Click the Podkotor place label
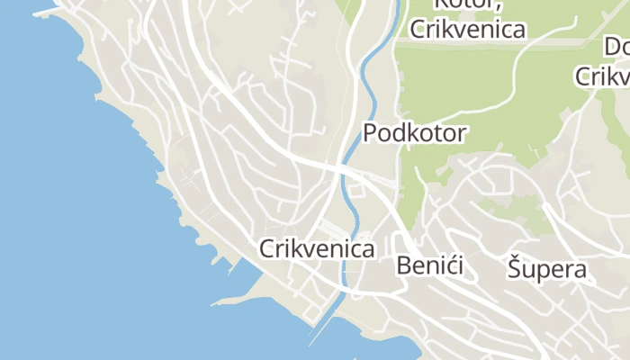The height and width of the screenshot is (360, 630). (415, 133)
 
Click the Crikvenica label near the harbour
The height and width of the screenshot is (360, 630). (317, 248)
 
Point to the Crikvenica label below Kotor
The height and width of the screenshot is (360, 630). (467, 29)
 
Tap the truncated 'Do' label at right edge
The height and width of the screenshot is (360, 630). (616, 47)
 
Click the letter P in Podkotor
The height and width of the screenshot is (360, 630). (370, 133)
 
